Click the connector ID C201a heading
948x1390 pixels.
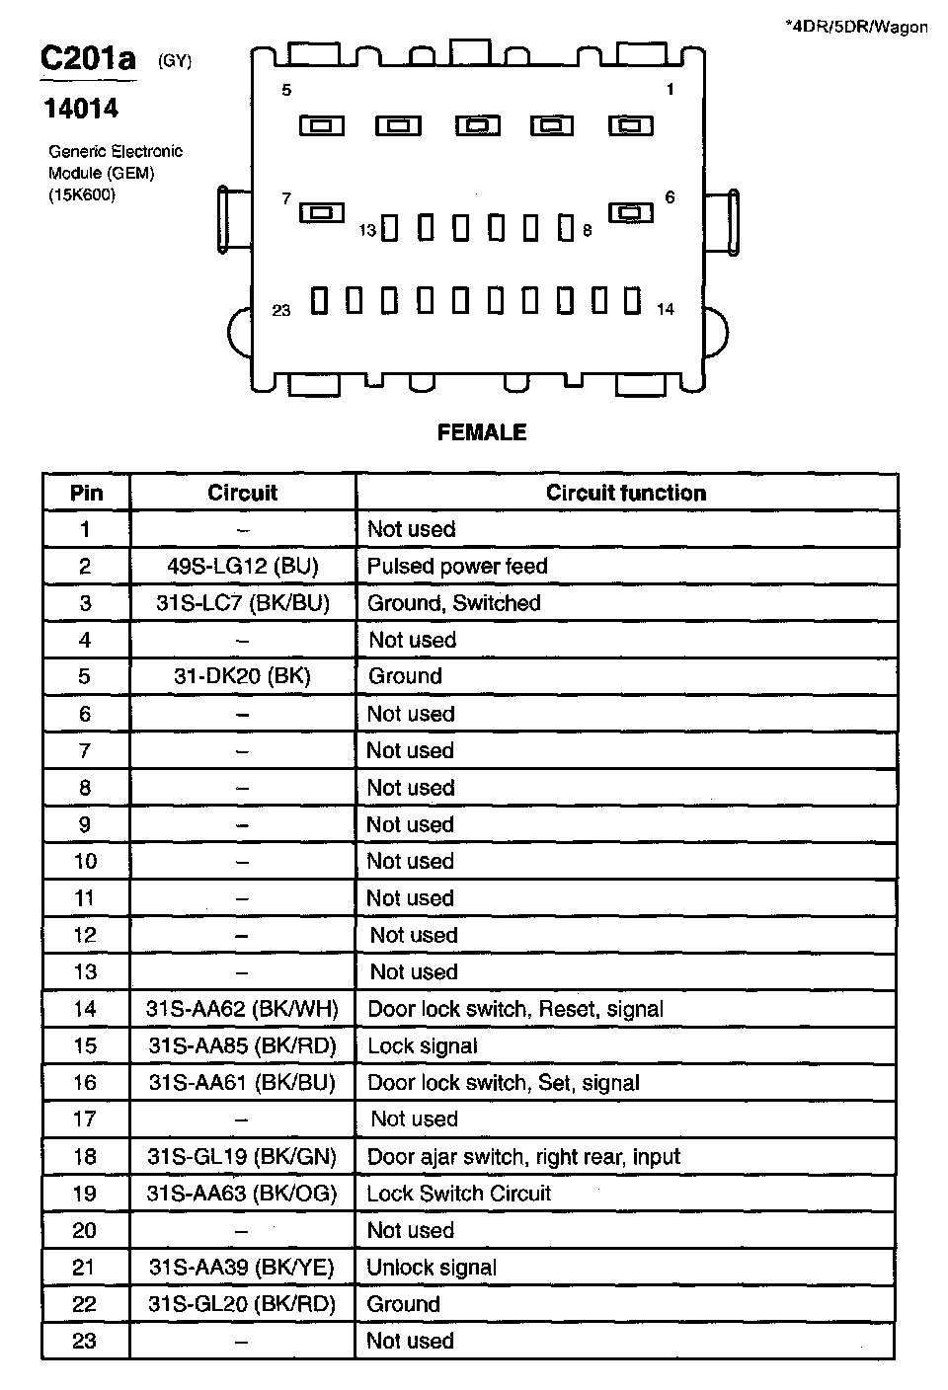(88, 59)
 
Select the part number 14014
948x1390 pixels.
(81, 109)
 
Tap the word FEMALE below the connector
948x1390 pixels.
(482, 432)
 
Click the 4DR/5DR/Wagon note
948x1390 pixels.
(856, 27)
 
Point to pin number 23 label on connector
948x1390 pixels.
(281, 310)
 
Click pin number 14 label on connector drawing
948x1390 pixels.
(666, 309)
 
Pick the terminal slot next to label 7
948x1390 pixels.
(322, 212)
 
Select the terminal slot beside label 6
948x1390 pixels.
(630, 212)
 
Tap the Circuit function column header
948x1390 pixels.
(626, 493)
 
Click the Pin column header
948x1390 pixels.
(86, 493)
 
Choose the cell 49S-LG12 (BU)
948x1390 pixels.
(242, 566)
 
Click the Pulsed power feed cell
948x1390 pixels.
(457, 566)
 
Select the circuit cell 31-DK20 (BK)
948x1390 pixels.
(242, 676)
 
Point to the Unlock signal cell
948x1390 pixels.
(432, 1268)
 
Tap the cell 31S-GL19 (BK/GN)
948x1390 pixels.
(242, 1156)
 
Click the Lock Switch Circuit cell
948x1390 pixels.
(458, 1194)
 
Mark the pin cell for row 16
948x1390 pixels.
(85, 1083)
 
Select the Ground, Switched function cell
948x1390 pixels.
(453, 603)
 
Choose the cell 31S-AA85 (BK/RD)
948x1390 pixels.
(242, 1045)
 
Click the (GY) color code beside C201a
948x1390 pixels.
(175, 61)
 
